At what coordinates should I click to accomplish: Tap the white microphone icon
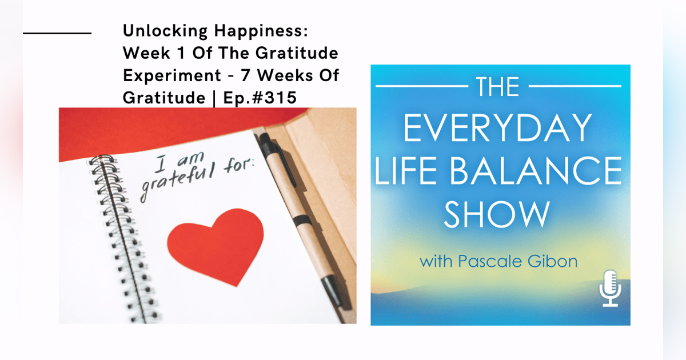610,289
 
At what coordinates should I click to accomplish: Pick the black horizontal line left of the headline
57,33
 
